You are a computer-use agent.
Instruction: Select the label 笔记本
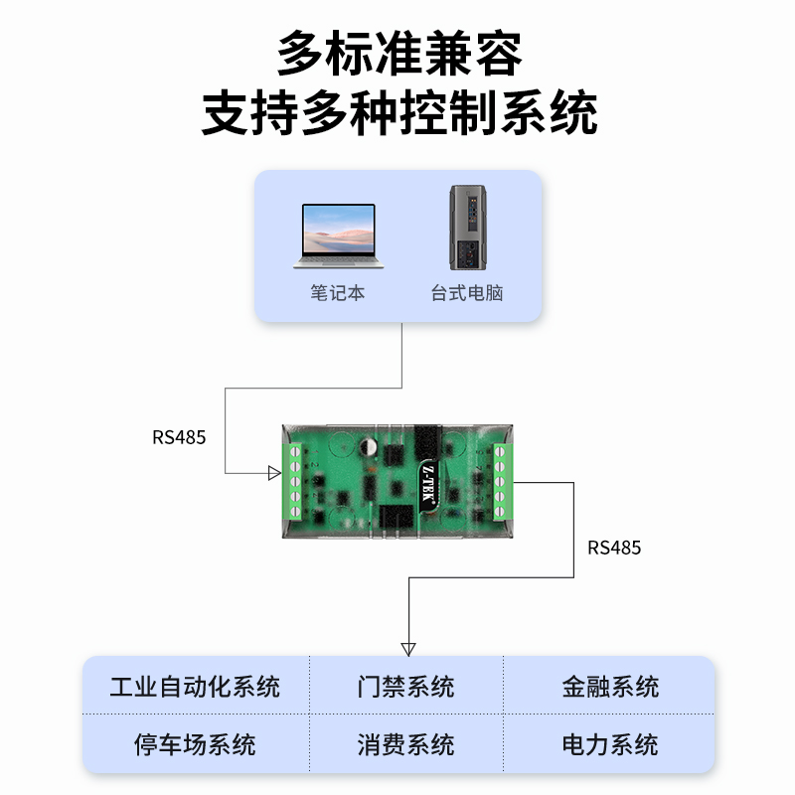(337, 293)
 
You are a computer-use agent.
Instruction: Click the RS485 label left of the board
(179, 436)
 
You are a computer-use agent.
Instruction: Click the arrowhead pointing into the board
(275, 473)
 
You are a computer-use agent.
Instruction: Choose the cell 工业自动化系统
(195, 687)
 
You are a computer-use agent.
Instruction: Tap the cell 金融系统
(610, 687)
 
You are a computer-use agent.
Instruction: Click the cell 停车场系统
(195, 744)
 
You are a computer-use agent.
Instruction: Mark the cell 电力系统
(610, 744)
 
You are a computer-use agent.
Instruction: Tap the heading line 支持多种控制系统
(398, 113)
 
